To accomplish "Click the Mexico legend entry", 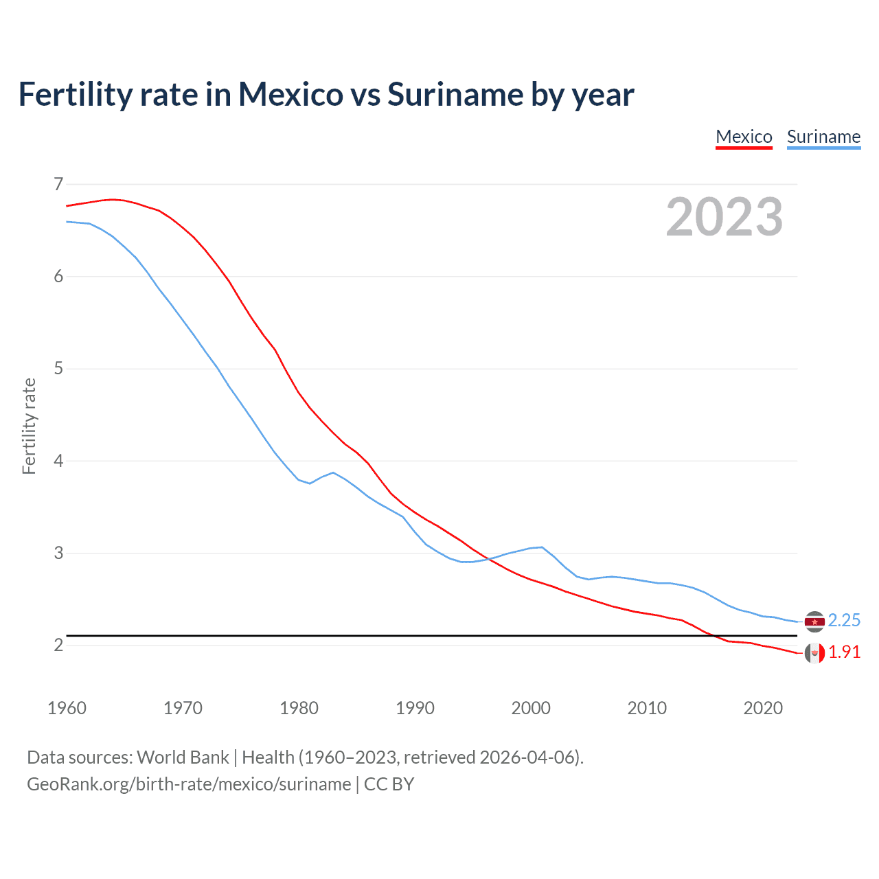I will [744, 137].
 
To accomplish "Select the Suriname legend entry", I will [823, 137].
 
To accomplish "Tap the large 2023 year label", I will [724, 217].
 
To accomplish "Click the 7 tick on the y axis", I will [58, 184].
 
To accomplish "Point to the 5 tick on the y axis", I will [58, 369].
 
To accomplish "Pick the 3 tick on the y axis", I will [58, 553].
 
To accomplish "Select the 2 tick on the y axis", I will [58, 645].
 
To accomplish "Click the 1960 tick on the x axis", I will [67, 708].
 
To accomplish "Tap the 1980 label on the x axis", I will [299, 708].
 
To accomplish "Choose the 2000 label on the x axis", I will [531, 708].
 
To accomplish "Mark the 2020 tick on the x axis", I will [763, 708].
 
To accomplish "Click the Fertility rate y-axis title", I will [29, 426].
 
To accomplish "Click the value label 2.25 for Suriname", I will [844, 621].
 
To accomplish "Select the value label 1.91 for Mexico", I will [844, 652].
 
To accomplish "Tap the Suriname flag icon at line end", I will [814, 621].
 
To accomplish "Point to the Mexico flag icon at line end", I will [814, 653].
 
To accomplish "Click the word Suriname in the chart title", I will [454, 94].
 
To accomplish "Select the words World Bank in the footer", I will [183, 757].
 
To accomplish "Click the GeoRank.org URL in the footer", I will [189, 784].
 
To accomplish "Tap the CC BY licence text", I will [389, 784].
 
